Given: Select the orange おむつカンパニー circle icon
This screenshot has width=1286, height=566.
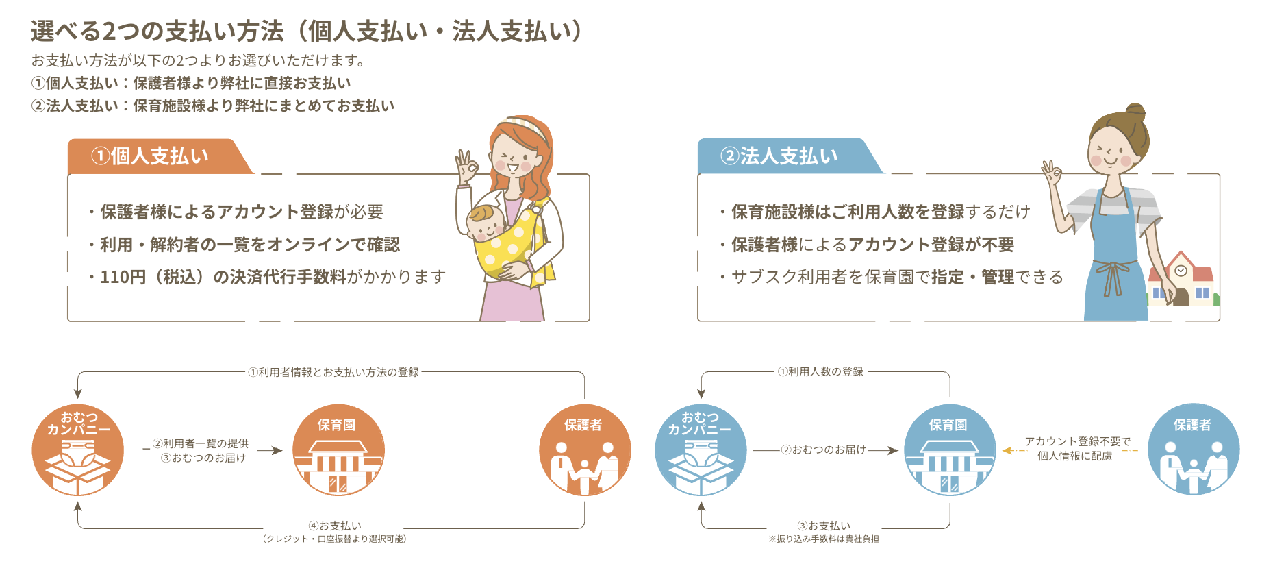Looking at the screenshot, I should point(78,450).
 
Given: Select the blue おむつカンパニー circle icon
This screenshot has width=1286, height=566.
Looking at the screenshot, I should point(701,450).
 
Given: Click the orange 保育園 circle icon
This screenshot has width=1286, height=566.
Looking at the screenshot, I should point(338,450).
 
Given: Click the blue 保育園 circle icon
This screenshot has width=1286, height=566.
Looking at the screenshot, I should point(950,450).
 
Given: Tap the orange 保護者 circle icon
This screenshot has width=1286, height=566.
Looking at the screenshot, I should point(585,450).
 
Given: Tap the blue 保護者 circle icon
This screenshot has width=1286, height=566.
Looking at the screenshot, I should point(1194,450).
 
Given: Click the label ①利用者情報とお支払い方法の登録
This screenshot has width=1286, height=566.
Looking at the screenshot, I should point(333,372).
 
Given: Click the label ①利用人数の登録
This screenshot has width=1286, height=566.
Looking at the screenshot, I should point(820,371).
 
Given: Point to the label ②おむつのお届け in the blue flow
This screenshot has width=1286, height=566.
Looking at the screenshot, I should point(824,450).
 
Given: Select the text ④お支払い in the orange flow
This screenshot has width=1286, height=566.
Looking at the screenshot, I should point(335,526).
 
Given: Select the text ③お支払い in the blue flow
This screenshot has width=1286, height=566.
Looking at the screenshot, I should point(824,526).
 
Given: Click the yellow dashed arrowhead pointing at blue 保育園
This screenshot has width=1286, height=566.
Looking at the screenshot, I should point(1007,450).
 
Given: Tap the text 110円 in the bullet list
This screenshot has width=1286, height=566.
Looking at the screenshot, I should point(123,277).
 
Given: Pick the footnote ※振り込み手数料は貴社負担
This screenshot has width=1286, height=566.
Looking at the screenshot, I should point(824,539).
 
